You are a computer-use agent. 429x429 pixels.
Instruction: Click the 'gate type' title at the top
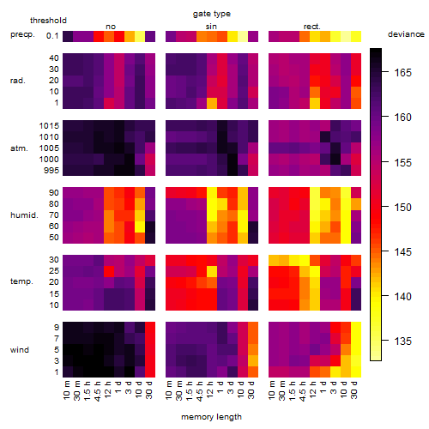pos(212,14)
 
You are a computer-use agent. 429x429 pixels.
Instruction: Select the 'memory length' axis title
pos(211,417)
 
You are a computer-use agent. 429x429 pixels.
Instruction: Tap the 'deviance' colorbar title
pos(406,34)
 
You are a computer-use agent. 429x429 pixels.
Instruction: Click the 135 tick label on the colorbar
pos(402,341)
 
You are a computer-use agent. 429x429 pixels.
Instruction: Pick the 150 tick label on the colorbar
pos(402,207)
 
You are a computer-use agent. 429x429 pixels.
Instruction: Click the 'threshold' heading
pos(48,21)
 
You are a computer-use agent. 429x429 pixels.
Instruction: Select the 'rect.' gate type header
pos(312,27)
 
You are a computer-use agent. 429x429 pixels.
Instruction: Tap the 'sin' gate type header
pos(211,27)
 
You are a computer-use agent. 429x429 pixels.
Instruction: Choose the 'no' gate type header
pos(111,27)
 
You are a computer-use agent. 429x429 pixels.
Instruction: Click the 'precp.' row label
pos(22,35)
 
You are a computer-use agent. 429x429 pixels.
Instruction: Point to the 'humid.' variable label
pos(24,215)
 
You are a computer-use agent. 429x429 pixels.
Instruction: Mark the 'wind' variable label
pos(20,350)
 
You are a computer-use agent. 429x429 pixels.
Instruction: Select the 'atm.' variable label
pos(19,148)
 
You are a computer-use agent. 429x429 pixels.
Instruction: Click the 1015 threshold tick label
pos(49,126)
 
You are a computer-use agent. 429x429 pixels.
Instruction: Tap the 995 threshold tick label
pos(51,171)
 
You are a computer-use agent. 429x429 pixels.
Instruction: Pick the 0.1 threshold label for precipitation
pos(52,36)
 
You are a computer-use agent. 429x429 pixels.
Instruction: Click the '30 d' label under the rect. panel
pos(354,390)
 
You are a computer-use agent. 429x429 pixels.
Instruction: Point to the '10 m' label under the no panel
pos(66,390)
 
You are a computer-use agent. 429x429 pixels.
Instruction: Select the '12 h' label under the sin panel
pos(210,390)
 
